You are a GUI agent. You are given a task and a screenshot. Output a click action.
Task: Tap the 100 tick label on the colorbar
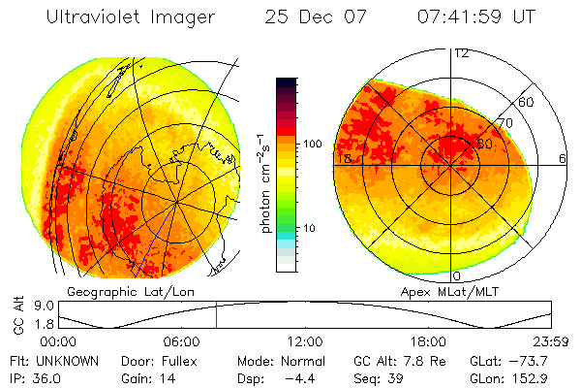312,144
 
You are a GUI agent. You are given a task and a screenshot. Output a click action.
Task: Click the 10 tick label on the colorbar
309,229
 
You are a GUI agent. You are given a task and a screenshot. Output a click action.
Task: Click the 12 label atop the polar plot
462,52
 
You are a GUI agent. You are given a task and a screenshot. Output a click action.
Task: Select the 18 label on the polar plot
342,158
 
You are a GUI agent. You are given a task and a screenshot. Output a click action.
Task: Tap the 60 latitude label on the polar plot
526,102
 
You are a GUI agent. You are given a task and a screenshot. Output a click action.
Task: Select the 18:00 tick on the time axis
428,341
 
